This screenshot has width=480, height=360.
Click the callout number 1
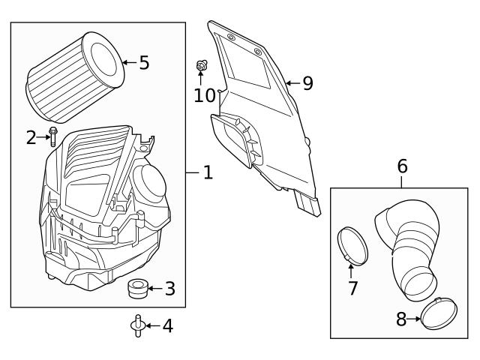tap(208, 173)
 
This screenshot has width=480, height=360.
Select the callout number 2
tap(31, 137)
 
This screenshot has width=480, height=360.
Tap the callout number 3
tap(169, 289)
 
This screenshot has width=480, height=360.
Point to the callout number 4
tap(167, 326)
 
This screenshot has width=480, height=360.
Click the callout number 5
tap(144, 63)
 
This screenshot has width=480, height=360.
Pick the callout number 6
tap(402, 166)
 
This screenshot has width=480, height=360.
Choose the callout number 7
tap(352, 288)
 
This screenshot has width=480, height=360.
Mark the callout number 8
tap(401, 319)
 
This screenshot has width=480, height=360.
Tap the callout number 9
tap(307, 83)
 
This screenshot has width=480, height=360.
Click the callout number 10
tap(204, 95)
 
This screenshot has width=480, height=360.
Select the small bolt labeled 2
tap(52, 137)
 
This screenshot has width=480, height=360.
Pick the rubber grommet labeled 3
tap(136, 287)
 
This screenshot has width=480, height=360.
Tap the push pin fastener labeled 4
tap(136, 325)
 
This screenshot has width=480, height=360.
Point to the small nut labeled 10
tap(201, 66)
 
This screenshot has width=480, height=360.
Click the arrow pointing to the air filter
tap(129, 63)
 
